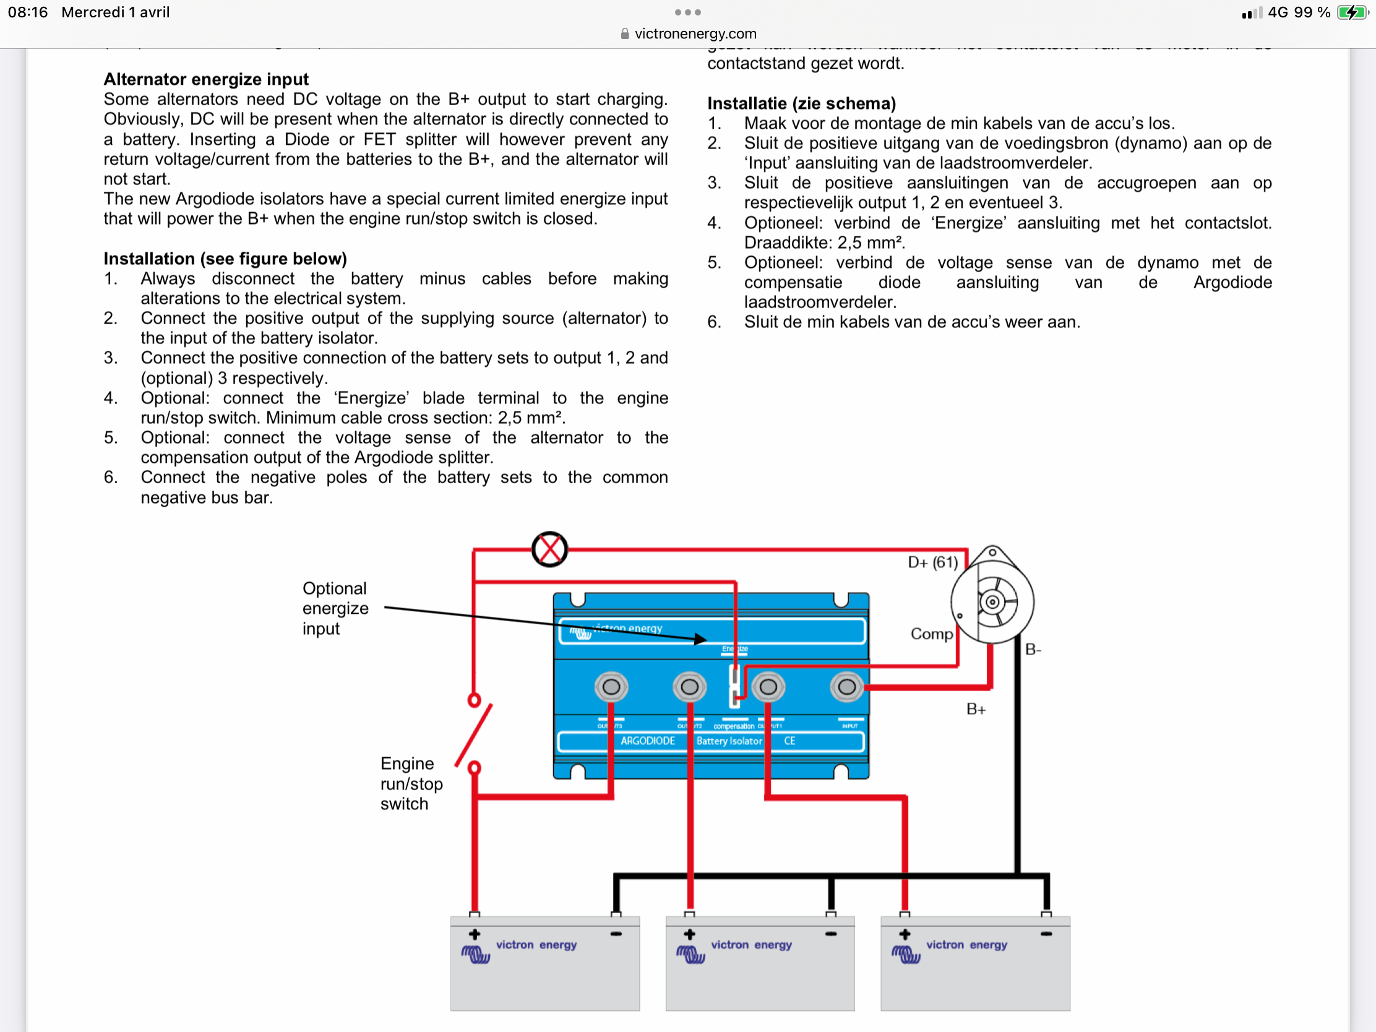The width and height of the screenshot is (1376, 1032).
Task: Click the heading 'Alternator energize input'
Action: [206, 79]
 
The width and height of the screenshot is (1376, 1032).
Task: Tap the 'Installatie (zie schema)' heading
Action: [801, 103]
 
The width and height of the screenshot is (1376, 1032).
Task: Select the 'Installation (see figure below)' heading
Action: [225, 258]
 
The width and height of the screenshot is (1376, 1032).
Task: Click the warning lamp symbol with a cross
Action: [549, 549]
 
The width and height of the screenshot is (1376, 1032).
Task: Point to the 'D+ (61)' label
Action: [932, 562]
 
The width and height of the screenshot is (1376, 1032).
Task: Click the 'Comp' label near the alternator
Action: [931, 634]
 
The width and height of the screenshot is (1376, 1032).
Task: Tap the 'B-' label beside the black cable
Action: [1033, 650]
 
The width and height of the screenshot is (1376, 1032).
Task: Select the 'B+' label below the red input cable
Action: [976, 709]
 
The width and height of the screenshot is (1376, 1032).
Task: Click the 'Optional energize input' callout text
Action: [335, 608]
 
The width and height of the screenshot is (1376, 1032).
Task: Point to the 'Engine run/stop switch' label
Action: [411, 783]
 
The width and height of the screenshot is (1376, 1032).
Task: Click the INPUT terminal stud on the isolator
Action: [846, 687]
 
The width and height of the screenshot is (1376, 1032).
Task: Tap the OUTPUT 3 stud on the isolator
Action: [611, 687]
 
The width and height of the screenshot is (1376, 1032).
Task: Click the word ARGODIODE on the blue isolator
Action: [648, 741]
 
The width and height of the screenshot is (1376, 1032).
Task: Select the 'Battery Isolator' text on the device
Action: [729, 741]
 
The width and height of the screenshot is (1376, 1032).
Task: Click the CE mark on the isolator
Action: [789, 741]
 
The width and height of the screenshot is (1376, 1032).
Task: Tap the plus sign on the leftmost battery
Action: [475, 934]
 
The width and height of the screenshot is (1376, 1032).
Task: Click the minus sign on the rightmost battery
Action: [1046, 934]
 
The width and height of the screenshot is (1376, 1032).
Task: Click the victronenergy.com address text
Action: [695, 33]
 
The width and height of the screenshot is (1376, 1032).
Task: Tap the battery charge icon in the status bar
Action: [1352, 12]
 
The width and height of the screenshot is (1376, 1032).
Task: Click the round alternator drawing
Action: [992, 601]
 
